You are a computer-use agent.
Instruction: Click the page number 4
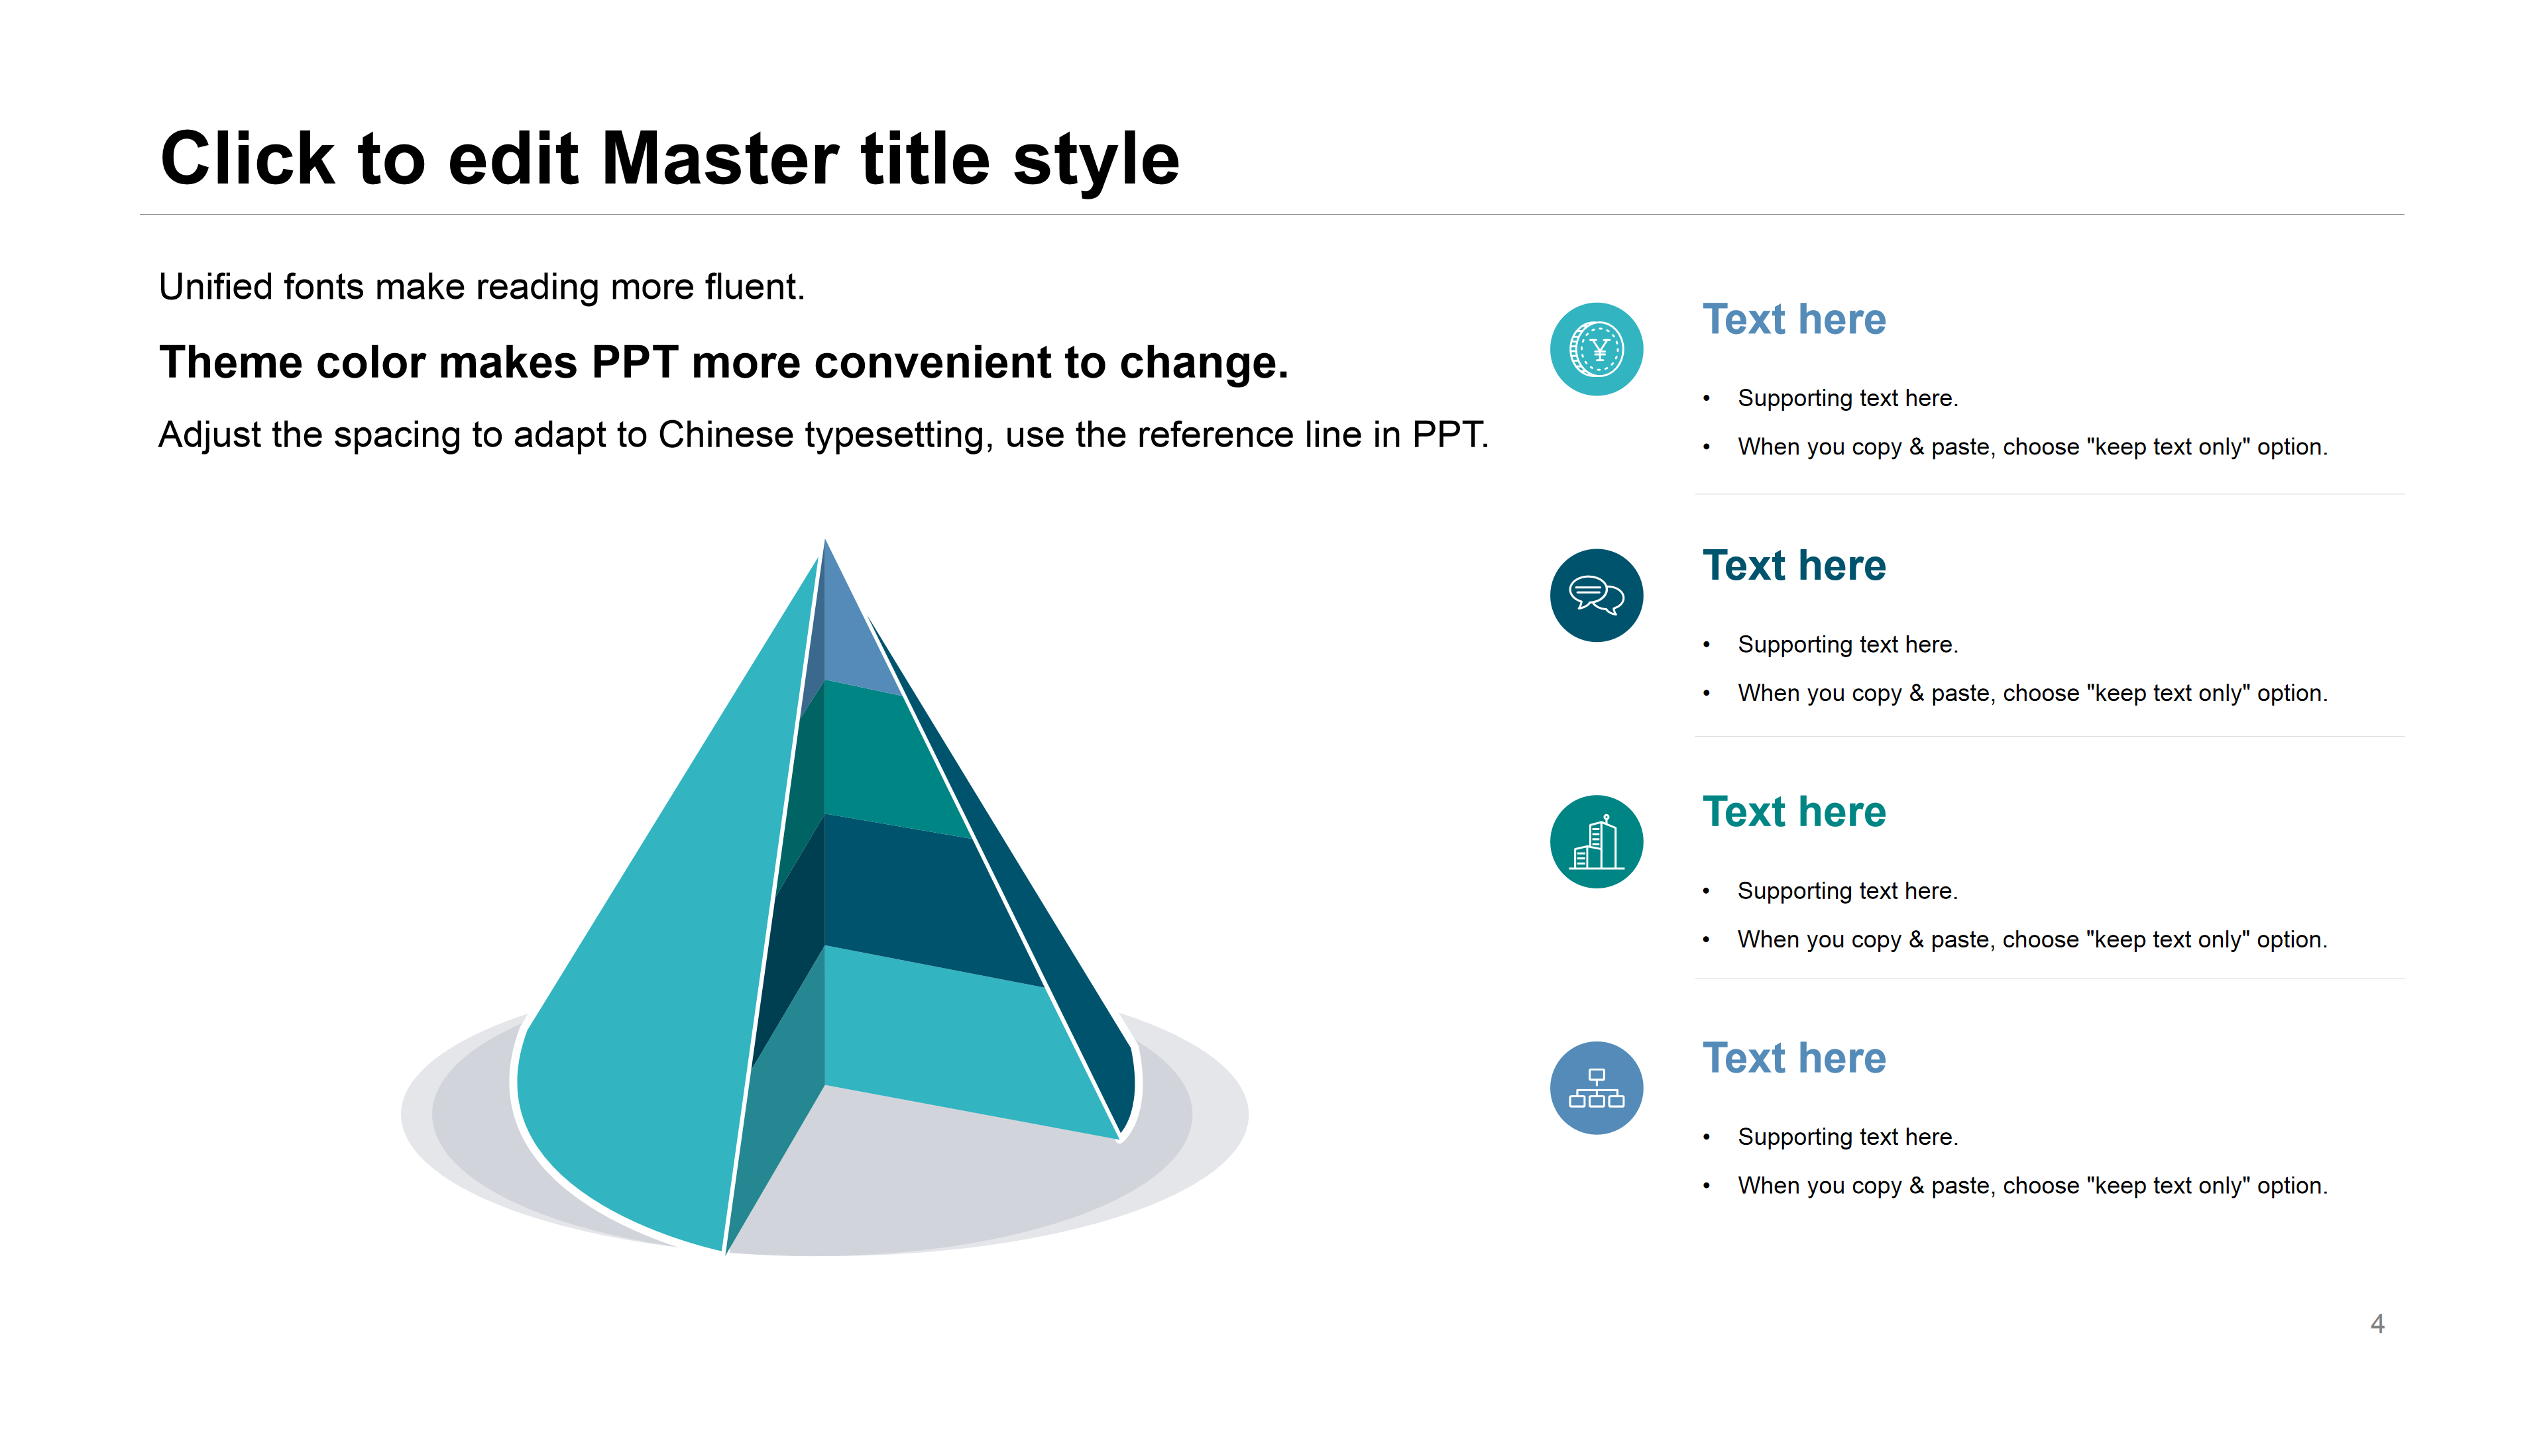[x=2377, y=1324]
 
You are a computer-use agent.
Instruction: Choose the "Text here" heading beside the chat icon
[x=1794, y=566]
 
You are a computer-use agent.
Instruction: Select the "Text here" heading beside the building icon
[x=1794, y=812]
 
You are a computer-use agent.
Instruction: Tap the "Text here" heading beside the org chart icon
[x=1794, y=1058]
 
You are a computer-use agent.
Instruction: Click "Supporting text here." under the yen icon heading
[x=1848, y=398]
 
